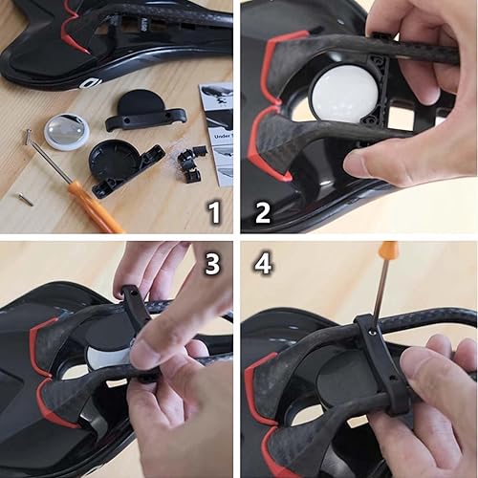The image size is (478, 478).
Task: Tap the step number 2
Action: pyautogui.click(x=262, y=212)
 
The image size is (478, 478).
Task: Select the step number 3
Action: pyautogui.click(x=214, y=262)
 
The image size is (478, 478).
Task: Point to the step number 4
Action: pyautogui.click(x=263, y=263)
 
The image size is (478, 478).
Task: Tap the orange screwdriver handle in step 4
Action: pyautogui.click(x=389, y=251)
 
